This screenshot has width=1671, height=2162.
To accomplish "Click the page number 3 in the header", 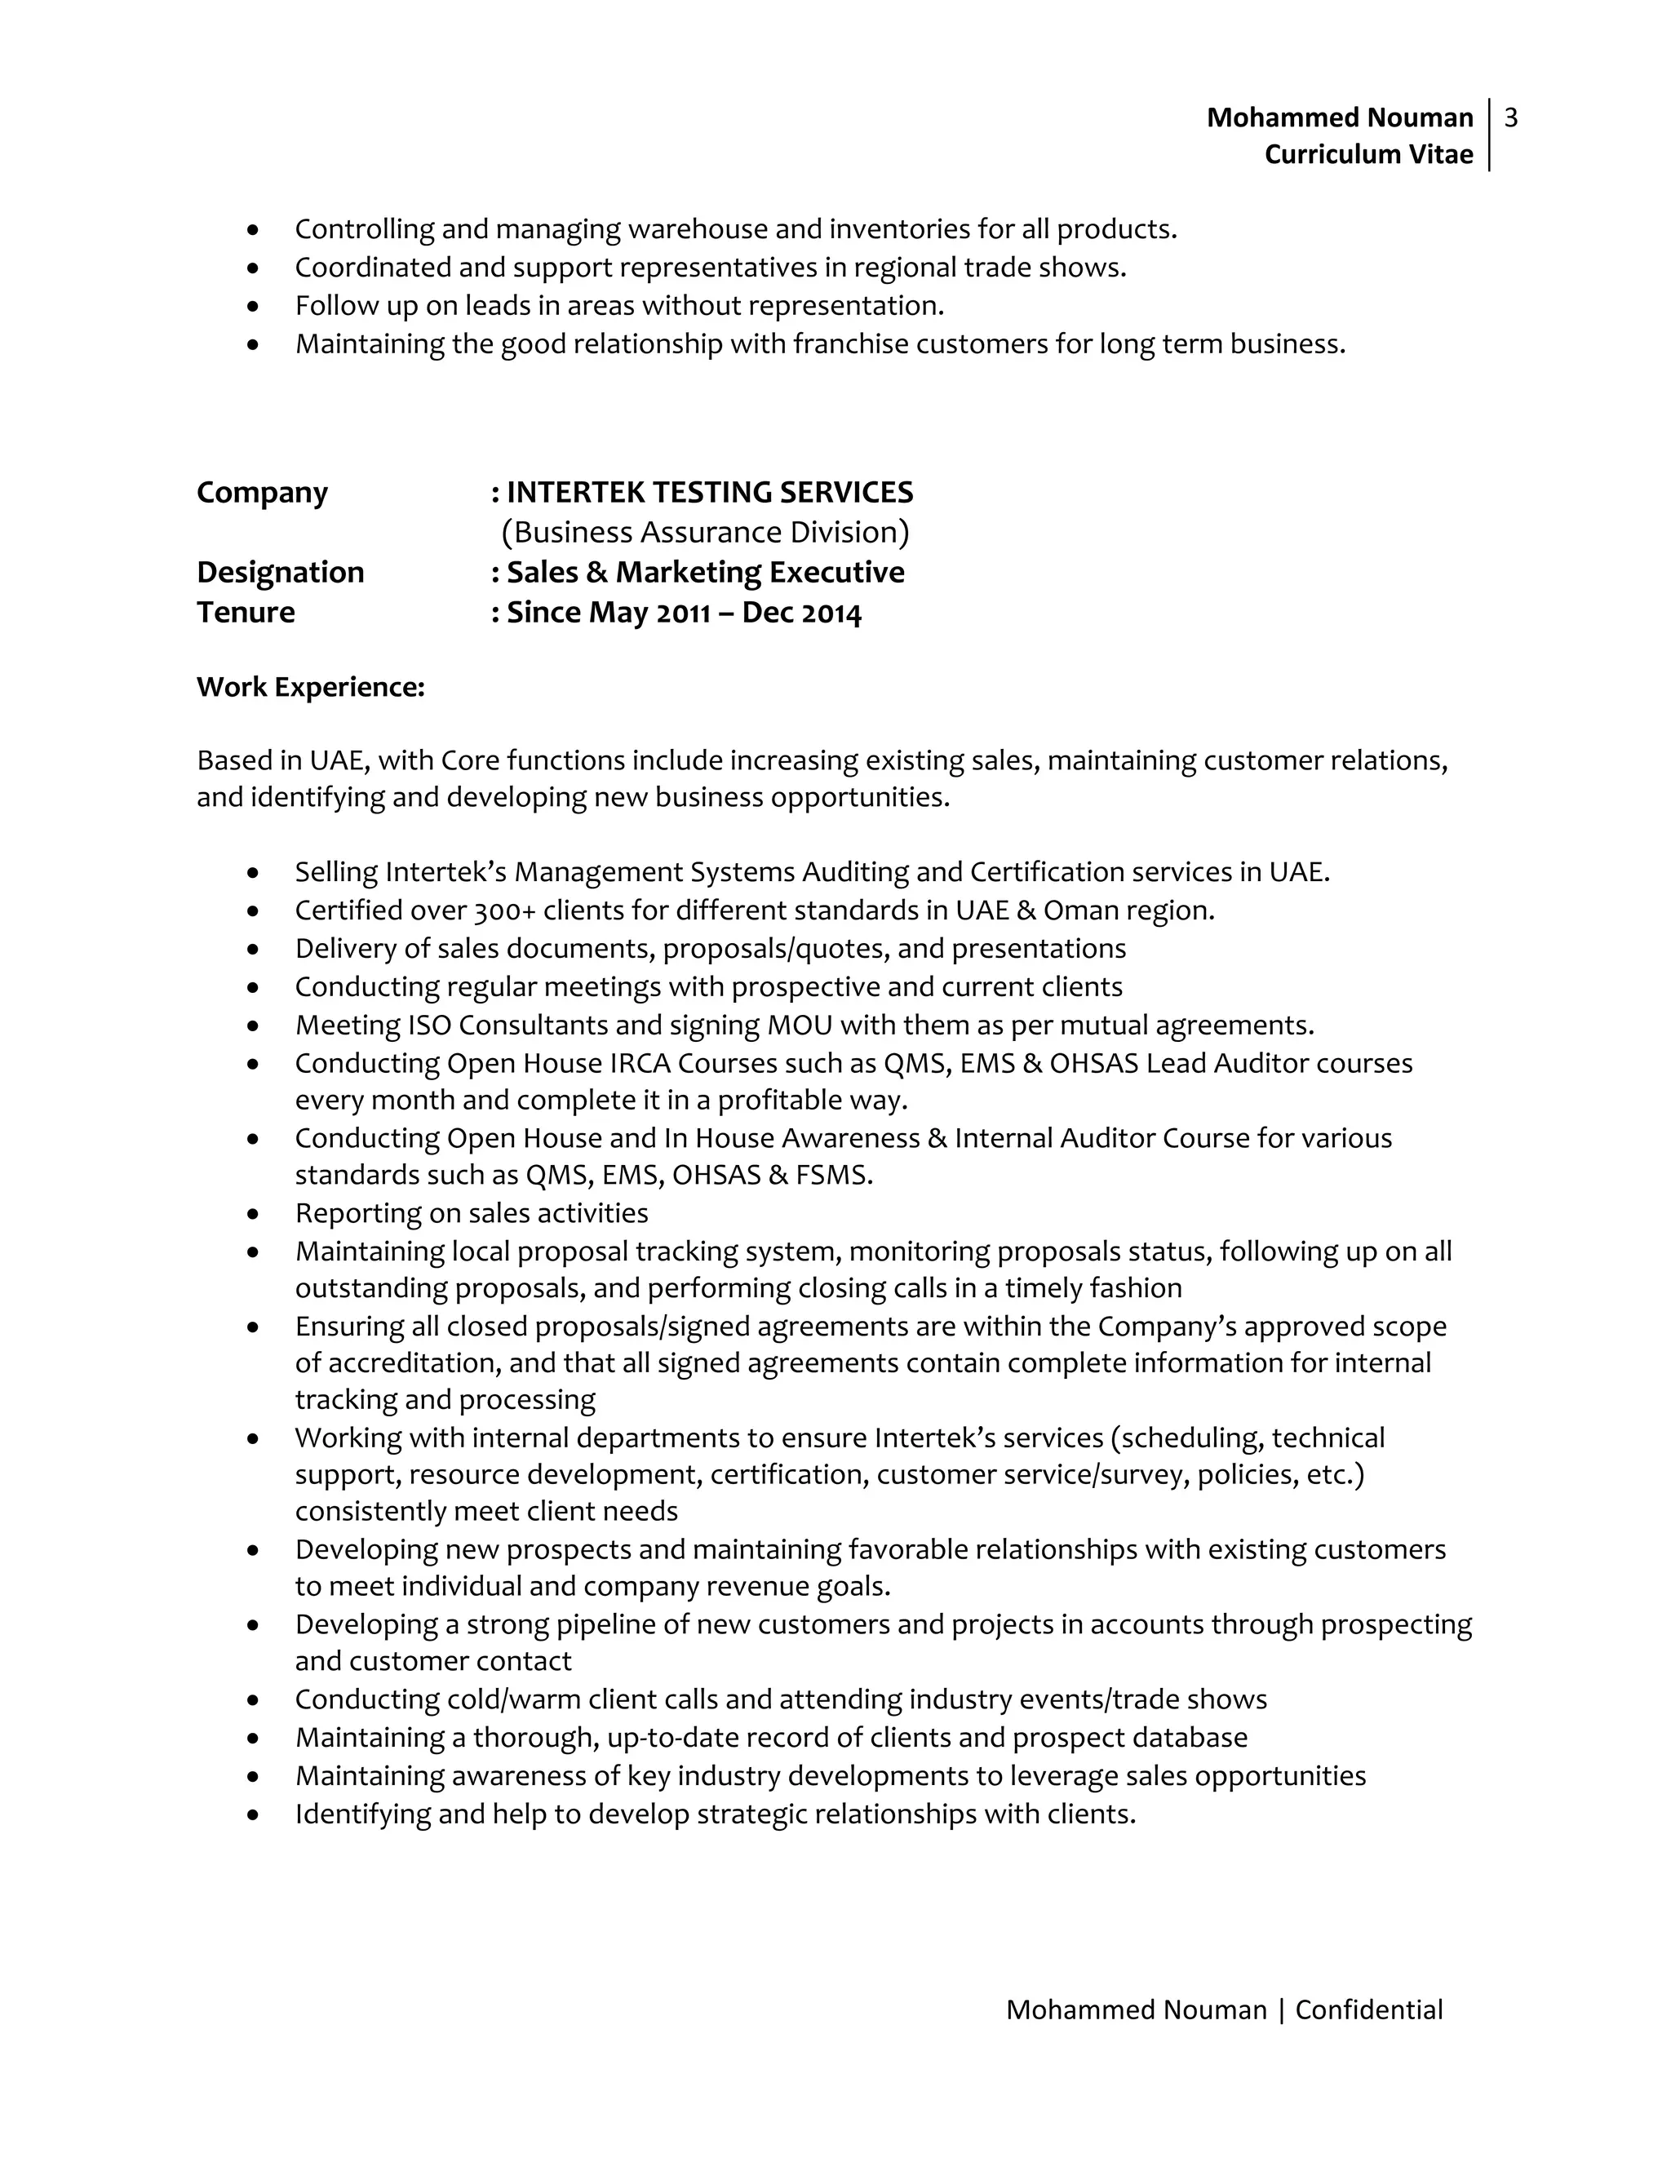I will tap(1510, 117).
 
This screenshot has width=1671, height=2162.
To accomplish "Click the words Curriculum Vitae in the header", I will tap(1368, 154).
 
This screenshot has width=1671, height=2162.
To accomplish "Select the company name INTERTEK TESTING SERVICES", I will tap(710, 492).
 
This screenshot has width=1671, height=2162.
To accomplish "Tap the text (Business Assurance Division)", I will tap(705, 533).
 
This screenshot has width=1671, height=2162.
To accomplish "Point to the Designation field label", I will tap(280, 572).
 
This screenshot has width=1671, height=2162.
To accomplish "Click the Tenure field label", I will tap(246, 613).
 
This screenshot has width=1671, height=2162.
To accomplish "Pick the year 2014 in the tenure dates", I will tap(831, 614).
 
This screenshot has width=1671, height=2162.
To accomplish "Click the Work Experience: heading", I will tap(310, 687).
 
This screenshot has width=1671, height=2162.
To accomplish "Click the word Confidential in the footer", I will tap(1368, 2009).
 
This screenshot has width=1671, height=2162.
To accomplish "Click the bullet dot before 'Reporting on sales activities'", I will tap(255, 1214).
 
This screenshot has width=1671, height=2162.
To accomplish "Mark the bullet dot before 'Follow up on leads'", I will tap(255, 307).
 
